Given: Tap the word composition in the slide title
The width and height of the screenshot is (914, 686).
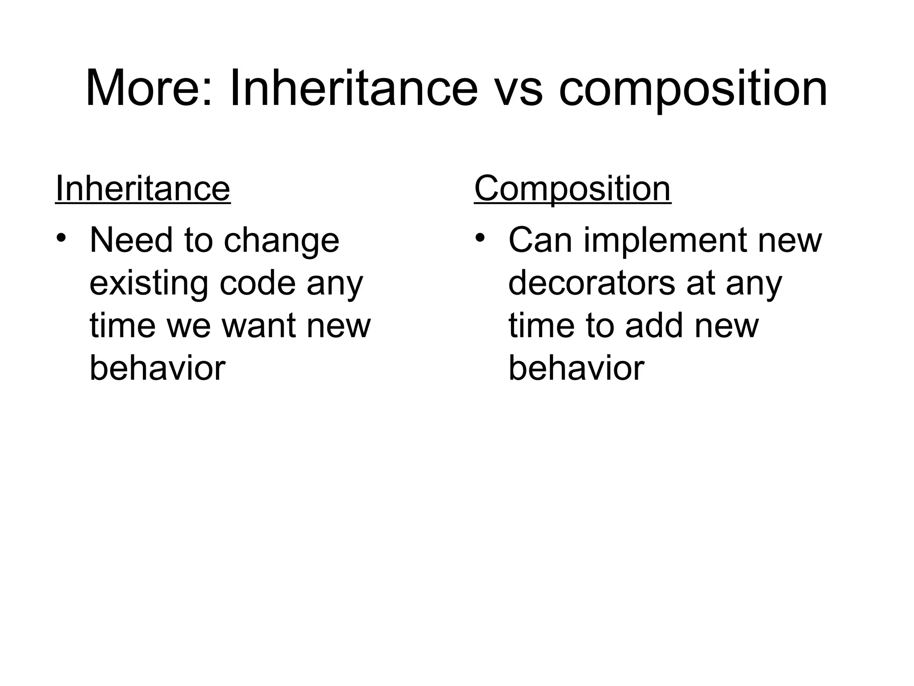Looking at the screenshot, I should pyautogui.click(x=693, y=92).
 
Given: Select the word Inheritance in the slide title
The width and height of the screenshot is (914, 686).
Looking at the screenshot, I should pyautogui.click(x=353, y=88).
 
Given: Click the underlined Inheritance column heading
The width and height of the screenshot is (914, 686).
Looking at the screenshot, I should pyautogui.click(x=143, y=189).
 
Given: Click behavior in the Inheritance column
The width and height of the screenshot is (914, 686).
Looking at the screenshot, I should pyautogui.click(x=157, y=368).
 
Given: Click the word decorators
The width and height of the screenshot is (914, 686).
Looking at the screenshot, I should pyautogui.click(x=592, y=283).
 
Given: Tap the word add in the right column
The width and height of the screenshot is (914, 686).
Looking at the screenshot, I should pyautogui.click(x=654, y=326).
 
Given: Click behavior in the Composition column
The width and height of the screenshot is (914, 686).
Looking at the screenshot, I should pyautogui.click(x=576, y=368).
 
